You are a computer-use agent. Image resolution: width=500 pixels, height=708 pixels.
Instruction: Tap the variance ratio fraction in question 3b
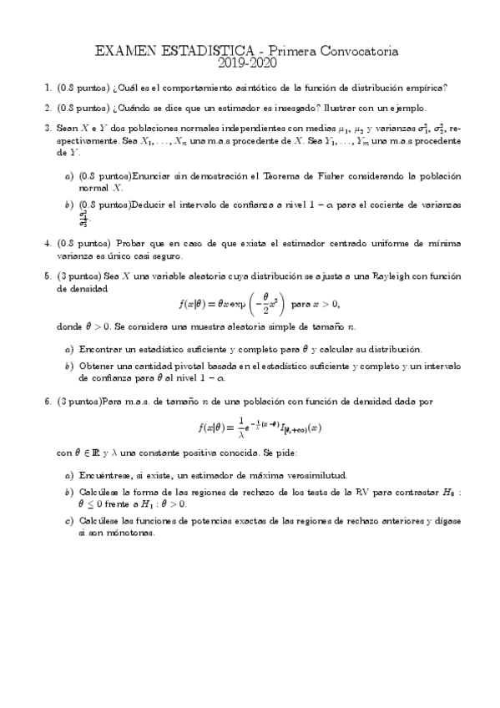tap(83, 219)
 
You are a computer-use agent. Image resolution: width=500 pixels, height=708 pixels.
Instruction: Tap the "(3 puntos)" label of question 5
tap(77, 275)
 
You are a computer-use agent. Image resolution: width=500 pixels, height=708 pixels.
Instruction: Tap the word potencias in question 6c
tap(205, 523)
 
